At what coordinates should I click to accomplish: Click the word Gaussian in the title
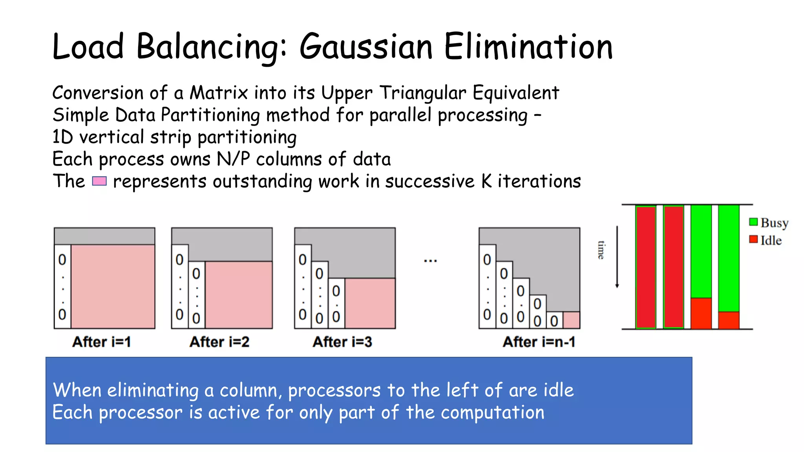(x=366, y=47)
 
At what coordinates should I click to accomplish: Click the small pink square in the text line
(x=99, y=181)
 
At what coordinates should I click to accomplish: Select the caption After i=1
(x=101, y=342)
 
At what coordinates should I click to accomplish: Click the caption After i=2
(x=219, y=342)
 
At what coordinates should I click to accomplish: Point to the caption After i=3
(x=342, y=342)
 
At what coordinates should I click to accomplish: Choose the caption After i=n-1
(x=539, y=342)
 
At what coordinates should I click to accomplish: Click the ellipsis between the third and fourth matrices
(x=430, y=261)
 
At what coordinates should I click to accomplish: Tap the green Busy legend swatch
(x=753, y=222)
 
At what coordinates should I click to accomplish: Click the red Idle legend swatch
(x=753, y=239)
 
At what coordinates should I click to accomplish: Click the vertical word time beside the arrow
(x=601, y=250)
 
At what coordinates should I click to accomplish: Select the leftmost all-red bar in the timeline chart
(x=646, y=267)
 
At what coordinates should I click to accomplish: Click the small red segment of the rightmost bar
(x=729, y=320)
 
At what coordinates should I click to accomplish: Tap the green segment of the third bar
(x=701, y=251)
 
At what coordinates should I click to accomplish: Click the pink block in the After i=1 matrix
(x=113, y=286)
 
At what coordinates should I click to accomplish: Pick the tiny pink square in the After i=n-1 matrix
(x=571, y=320)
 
